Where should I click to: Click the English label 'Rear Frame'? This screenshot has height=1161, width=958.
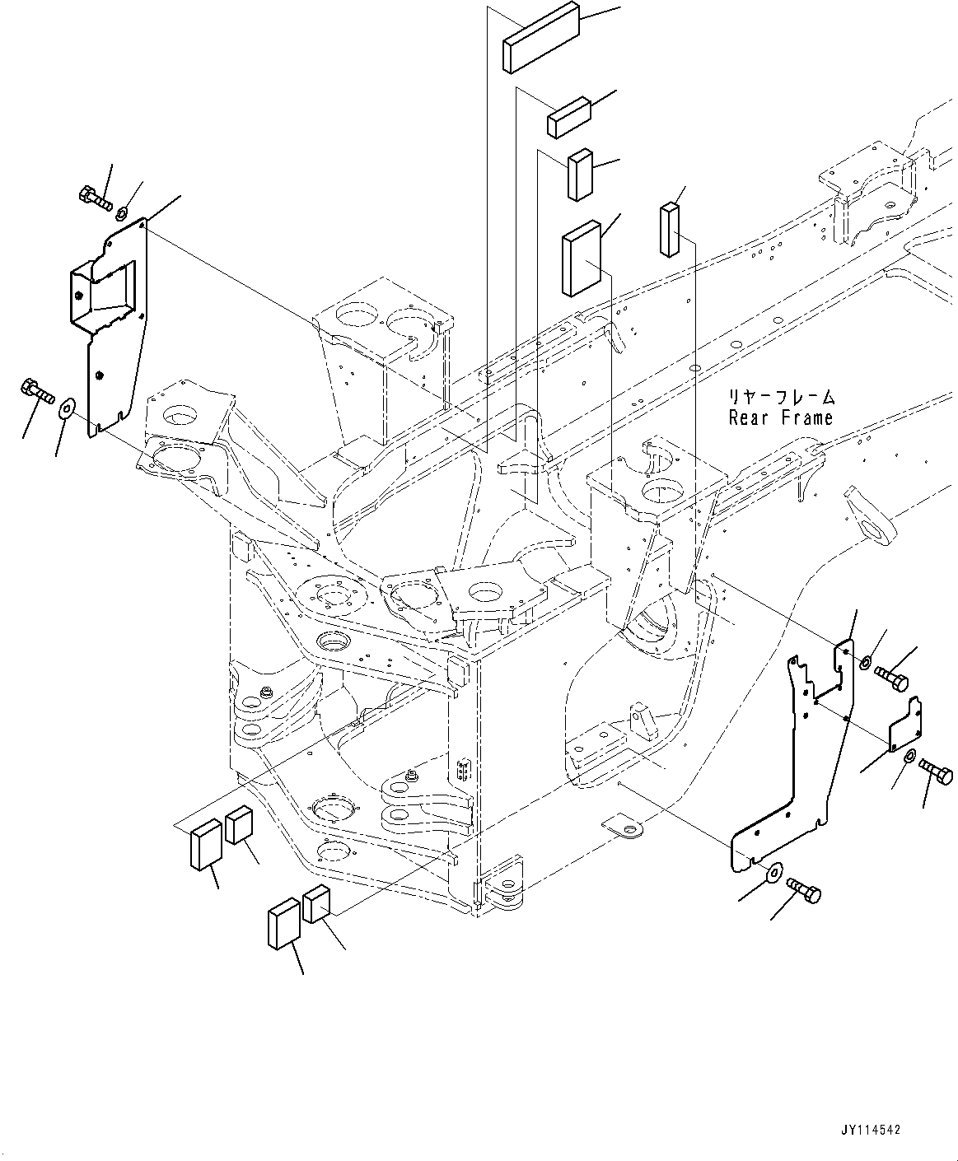pyautogui.click(x=780, y=418)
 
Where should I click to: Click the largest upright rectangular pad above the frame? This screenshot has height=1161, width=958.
pyautogui.click(x=582, y=257)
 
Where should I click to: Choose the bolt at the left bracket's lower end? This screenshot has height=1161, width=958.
pyautogui.click(x=35, y=389)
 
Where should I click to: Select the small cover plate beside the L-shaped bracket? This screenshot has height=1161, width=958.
pyautogui.click(x=904, y=724)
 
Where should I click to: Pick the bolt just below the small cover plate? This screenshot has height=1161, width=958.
pyautogui.click(x=936, y=772)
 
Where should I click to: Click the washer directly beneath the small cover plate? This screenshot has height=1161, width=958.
pyautogui.click(x=909, y=758)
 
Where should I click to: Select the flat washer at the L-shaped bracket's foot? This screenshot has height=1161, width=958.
pyautogui.click(x=773, y=872)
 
